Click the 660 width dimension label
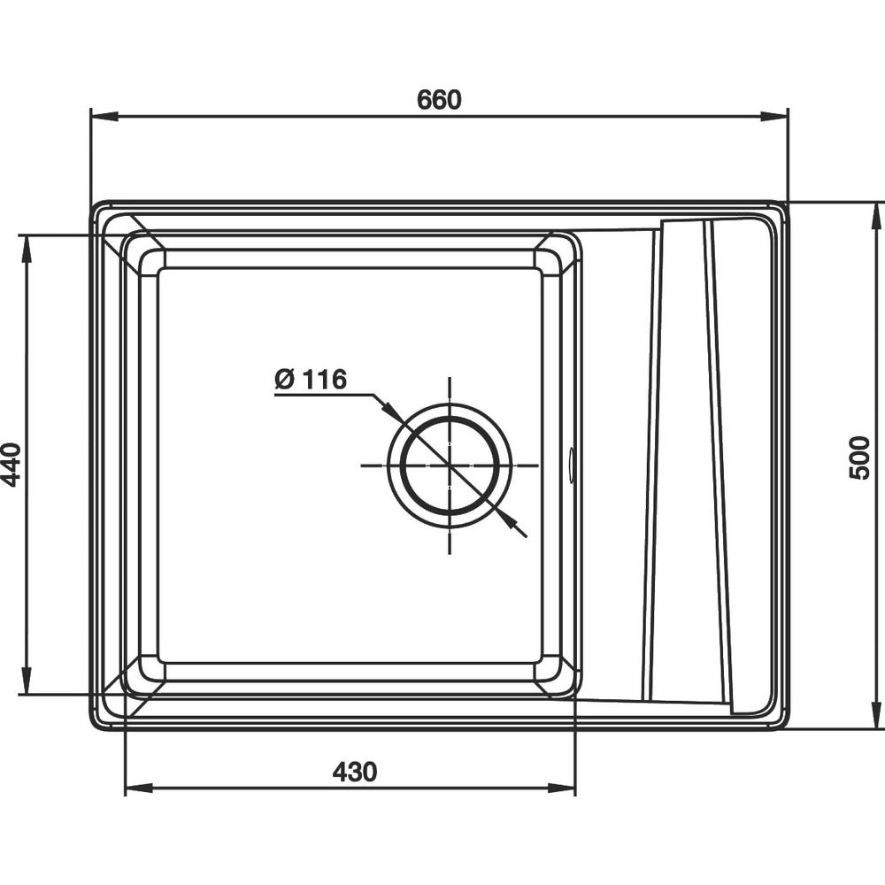click(439, 99)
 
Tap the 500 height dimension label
click(859, 458)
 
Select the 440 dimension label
click(12, 465)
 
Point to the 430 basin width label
click(355, 772)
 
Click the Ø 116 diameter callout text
click(311, 380)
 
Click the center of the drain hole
click(450, 466)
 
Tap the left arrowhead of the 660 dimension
click(104, 117)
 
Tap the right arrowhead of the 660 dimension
click(773, 117)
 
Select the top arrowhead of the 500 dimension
click(876, 215)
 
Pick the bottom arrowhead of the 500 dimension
click(876, 716)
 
